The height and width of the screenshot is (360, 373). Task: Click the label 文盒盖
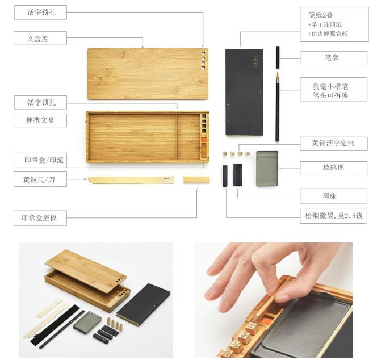click(38, 39)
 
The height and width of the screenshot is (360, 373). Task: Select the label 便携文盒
click(40, 120)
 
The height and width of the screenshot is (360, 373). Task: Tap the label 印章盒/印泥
click(44, 160)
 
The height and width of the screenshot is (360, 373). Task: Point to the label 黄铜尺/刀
click(39, 179)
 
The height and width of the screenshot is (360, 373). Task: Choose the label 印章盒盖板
click(39, 217)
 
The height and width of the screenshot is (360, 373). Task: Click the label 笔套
click(332, 57)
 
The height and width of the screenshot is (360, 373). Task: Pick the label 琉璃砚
click(333, 168)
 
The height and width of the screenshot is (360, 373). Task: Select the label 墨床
click(330, 196)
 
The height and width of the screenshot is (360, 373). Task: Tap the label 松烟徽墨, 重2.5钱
click(333, 216)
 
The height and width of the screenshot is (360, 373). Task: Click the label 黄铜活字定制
click(333, 143)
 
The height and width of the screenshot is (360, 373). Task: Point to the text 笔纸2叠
click(320, 15)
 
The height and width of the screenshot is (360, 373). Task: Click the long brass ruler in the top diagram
click(131, 180)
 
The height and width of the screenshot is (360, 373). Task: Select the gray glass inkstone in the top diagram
click(267, 168)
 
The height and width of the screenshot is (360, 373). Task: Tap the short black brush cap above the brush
click(278, 57)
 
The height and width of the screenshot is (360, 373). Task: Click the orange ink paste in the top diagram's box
click(204, 140)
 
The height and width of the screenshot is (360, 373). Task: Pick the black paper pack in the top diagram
click(244, 92)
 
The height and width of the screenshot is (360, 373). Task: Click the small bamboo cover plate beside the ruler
click(196, 180)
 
